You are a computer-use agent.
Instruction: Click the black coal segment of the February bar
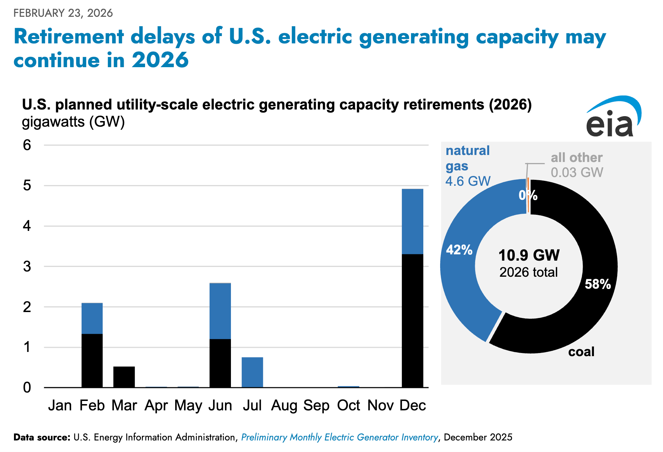tap(92, 360)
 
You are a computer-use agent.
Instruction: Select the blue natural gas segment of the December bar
tap(412, 221)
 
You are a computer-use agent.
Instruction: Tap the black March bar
tap(124, 377)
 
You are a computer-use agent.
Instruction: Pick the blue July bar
tap(252, 372)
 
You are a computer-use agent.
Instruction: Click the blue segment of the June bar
tap(220, 311)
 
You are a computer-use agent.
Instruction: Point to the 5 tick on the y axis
tap(27, 185)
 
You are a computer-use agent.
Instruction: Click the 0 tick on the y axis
tap(27, 388)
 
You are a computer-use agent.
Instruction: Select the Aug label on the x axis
tap(284, 405)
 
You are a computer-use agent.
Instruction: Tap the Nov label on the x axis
tap(381, 405)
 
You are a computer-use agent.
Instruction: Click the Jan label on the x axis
tap(60, 405)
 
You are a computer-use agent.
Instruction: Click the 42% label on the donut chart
tap(459, 250)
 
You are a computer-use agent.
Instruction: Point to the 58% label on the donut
tap(597, 284)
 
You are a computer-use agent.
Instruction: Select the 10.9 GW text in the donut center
tap(529, 255)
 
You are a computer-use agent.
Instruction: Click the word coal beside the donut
tap(581, 352)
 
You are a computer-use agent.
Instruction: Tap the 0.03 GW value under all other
tap(577, 172)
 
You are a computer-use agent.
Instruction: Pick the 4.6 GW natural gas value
tap(468, 181)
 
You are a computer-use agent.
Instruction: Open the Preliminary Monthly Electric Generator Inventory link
tap(340, 437)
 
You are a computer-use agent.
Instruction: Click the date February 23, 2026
tap(63, 13)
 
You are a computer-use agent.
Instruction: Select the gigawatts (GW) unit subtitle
tap(73, 122)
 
